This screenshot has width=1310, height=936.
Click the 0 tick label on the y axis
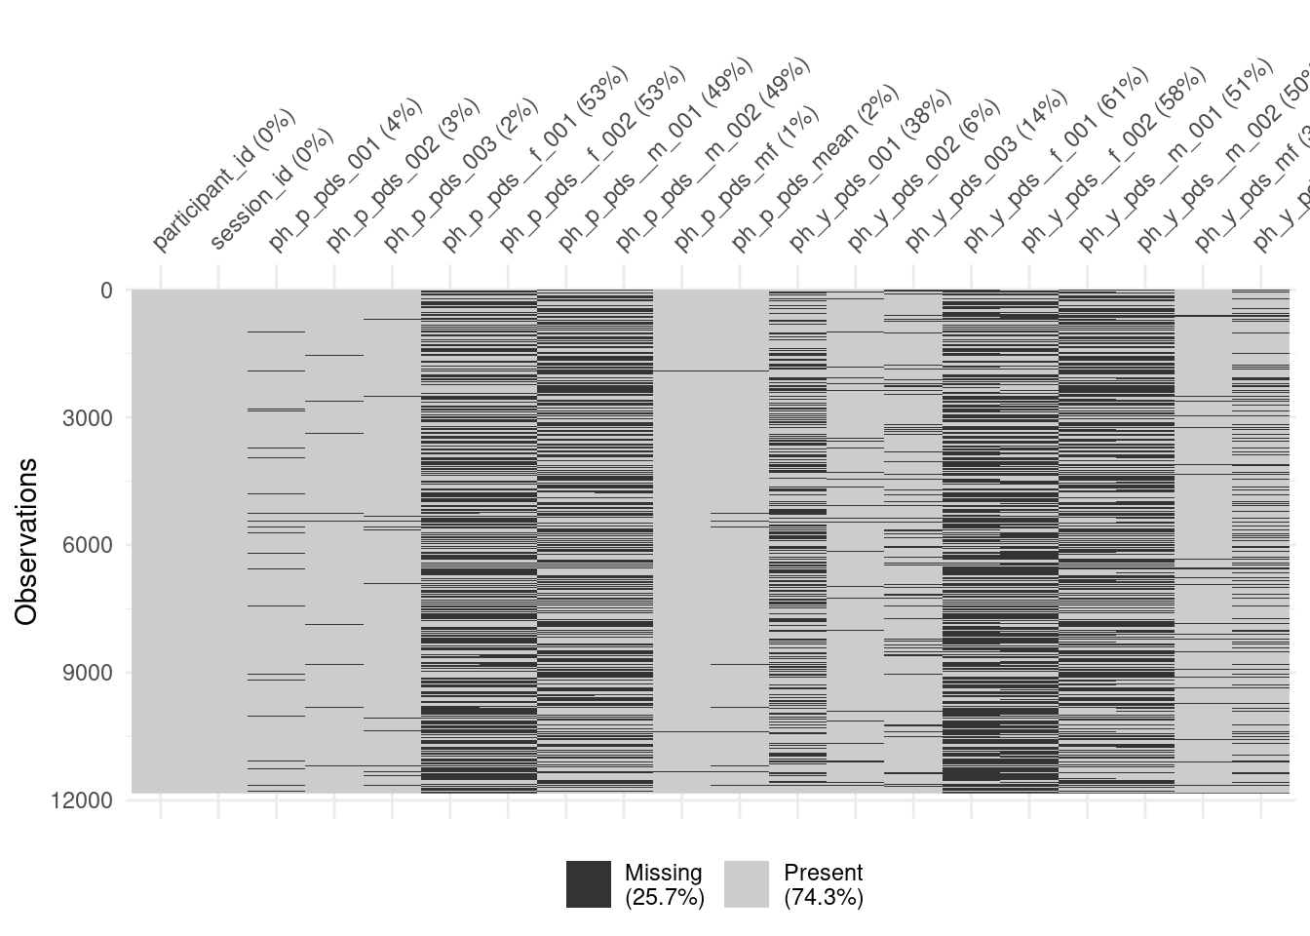tap(106, 291)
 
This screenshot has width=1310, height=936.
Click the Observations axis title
tap(26, 541)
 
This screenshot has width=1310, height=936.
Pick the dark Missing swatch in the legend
tap(589, 884)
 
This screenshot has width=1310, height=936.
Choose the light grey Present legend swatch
tap(747, 884)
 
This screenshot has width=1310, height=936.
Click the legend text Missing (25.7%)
tap(664, 884)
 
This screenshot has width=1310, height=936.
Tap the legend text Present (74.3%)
tap(824, 884)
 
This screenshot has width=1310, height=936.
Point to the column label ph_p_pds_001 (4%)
tap(345, 175)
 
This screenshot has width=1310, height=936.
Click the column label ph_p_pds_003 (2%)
tap(460, 175)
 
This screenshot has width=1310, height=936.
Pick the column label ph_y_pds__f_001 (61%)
tap(1056, 159)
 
